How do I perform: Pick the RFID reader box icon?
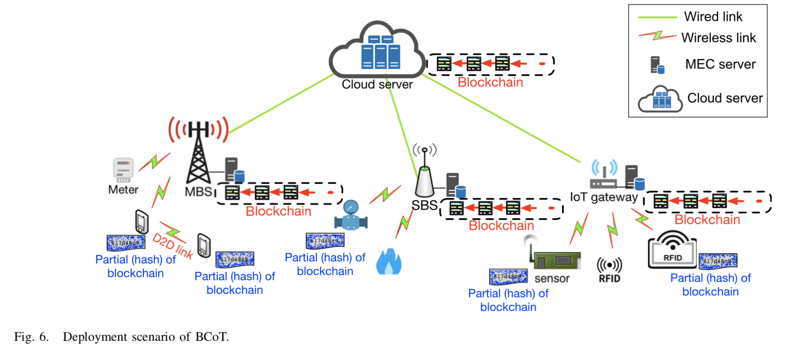[x=672, y=250]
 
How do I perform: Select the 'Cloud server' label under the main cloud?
[x=377, y=84]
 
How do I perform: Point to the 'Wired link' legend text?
[x=713, y=16]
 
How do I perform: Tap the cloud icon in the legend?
[x=660, y=98]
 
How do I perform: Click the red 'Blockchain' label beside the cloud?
[x=490, y=83]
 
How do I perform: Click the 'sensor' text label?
[x=552, y=278]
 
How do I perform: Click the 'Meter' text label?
[x=123, y=190]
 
